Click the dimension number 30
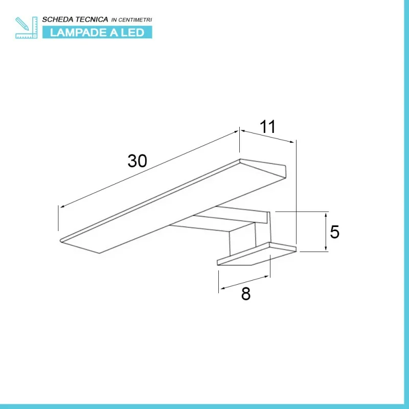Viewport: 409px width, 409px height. (137, 161)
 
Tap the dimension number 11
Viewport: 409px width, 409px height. (267, 127)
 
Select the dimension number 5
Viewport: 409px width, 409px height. (334, 232)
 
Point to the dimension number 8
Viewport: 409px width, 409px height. (246, 293)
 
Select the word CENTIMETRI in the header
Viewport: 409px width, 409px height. (135, 20)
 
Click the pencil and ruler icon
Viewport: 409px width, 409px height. (27, 28)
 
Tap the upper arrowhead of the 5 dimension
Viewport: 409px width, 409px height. (326, 215)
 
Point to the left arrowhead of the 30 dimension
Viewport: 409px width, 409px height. (62, 207)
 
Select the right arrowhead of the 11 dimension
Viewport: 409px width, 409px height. (291, 142)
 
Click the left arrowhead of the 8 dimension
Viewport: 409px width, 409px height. (223, 288)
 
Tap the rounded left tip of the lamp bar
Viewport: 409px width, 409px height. (61, 240)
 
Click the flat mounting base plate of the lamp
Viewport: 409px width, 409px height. (257, 254)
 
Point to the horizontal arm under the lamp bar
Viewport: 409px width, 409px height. (219, 219)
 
